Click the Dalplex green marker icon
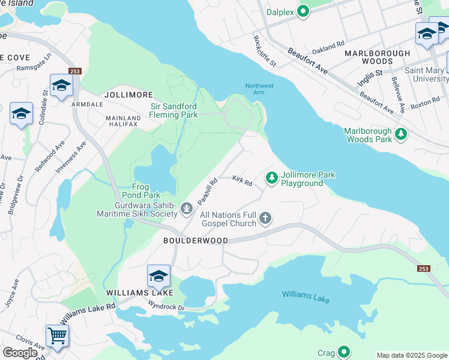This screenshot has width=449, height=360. click(303, 11)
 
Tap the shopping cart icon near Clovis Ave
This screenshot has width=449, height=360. click(57, 335)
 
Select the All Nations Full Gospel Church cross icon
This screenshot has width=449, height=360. click(265, 219)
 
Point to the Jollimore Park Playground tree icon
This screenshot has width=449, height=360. click(272, 178)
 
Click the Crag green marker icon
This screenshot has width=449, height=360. click(344, 352)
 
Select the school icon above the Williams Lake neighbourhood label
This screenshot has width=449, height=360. click(158, 276)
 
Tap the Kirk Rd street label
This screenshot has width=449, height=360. click(243, 180)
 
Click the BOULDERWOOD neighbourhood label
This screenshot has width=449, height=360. click(196, 241)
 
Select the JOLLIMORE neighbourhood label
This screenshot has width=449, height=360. click(128, 95)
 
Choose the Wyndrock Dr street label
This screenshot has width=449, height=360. click(167, 305)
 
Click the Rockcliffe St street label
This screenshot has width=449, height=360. click(264, 50)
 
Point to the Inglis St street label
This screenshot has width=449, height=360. click(370, 73)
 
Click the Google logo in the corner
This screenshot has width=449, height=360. click(20, 353)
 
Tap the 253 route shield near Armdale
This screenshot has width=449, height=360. click(74, 71)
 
